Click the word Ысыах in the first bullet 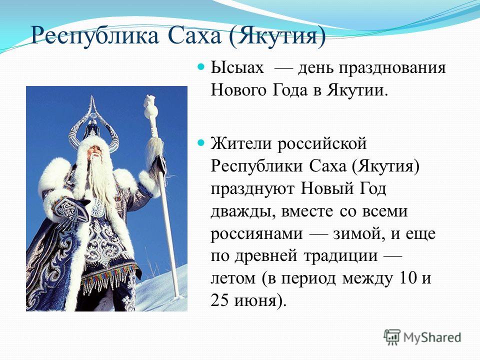[237, 67]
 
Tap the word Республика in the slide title [94, 35]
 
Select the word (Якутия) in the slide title [277, 36]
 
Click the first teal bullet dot [201, 66]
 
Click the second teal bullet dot [201, 142]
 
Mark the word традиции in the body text [340, 256]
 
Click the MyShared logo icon [392, 337]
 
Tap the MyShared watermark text [432, 337]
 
